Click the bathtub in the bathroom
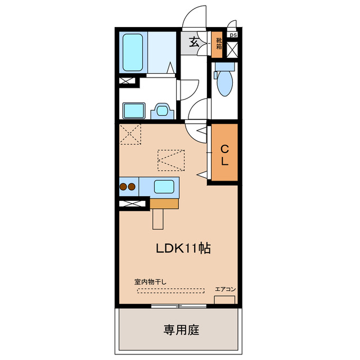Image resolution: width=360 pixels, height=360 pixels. click(x=133, y=52)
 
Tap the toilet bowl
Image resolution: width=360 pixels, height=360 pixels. click(x=225, y=83)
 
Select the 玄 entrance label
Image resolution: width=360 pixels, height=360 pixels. click(x=194, y=42)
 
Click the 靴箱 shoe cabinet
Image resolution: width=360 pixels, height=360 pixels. click(x=217, y=44)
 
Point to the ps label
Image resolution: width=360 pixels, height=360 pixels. click(x=233, y=35)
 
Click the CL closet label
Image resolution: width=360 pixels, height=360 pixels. click(x=224, y=155)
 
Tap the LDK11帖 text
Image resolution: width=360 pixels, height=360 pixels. click(x=183, y=248)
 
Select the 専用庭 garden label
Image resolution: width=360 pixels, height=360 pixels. click(x=181, y=330)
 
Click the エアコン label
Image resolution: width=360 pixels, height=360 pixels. click(x=225, y=289)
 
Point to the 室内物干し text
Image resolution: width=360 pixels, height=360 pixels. click(x=150, y=281)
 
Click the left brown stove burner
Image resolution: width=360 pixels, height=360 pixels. click(x=123, y=187)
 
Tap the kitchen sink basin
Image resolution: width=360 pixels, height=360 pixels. click(x=164, y=187)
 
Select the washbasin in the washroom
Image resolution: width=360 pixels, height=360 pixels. click(x=162, y=111)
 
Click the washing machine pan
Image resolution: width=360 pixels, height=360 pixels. click(x=134, y=111)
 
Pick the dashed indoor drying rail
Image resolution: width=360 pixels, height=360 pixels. click(x=170, y=291)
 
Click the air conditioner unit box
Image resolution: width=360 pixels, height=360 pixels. click(x=224, y=300)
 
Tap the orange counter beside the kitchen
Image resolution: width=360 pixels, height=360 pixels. click(x=164, y=204)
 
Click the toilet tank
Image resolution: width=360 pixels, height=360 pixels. click(x=225, y=66)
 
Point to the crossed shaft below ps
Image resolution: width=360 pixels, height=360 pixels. click(x=232, y=50)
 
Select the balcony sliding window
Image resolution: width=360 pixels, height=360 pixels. click(x=179, y=306)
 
